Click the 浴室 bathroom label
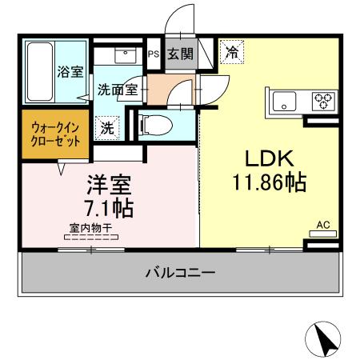(70, 72)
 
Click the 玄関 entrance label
(180, 54)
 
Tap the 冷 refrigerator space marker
(233, 53)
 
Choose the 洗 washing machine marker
(106, 126)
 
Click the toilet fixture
(152, 124)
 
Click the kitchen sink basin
(285, 102)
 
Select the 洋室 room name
(110, 186)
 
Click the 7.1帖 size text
(110, 209)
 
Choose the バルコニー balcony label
(179, 273)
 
